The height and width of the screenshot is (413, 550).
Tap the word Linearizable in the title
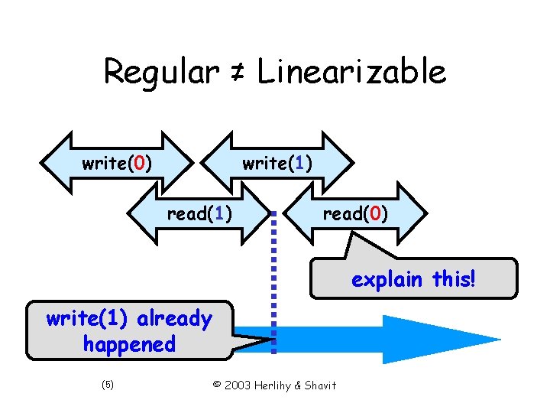(x=352, y=73)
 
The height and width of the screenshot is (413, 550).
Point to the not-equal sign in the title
(x=238, y=73)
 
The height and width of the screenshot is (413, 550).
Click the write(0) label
(x=116, y=163)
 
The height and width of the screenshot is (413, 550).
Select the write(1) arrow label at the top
(x=277, y=163)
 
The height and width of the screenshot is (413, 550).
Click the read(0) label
(x=355, y=213)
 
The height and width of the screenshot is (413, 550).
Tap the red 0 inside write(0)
(x=138, y=163)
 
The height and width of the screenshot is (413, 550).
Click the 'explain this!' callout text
(x=413, y=279)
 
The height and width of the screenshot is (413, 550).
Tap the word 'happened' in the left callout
(x=129, y=344)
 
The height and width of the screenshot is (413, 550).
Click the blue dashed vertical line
(x=273, y=283)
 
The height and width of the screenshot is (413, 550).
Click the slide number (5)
(x=107, y=385)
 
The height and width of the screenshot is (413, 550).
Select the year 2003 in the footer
(x=233, y=385)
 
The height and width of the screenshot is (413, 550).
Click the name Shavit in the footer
(x=319, y=385)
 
